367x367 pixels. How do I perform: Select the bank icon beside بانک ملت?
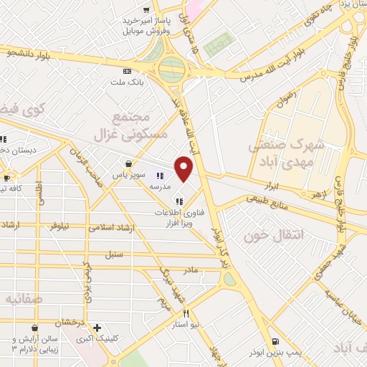pyautogui.click(x=128, y=71)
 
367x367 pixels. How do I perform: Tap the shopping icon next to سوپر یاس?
pyautogui.click(x=128, y=163)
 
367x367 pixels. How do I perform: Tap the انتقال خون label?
pyautogui.click(x=270, y=234)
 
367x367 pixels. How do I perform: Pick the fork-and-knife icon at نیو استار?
pyautogui.click(x=186, y=313)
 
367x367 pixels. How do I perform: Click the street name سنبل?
pyautogui.click(x=114, y=254)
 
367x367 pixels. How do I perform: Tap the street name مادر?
pyautogui.click(x=190, y=270)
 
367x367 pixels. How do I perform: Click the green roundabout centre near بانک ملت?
pyautogui.click(x=171, y=70)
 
